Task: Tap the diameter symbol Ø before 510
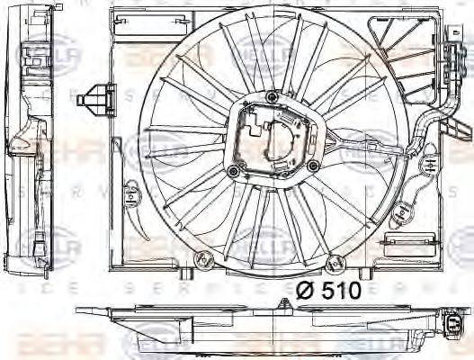[307, 290]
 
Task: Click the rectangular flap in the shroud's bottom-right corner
[399, 240]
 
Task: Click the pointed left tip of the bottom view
[79, 311]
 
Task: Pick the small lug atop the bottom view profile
[289, 308]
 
